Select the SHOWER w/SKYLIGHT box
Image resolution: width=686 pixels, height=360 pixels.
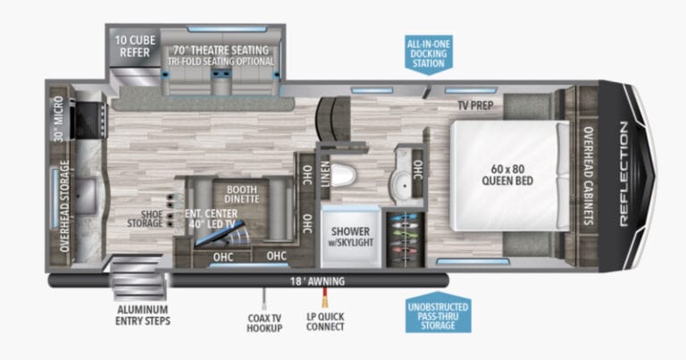tap(352, 230)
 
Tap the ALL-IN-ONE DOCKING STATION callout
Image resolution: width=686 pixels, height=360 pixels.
tap(428, 54)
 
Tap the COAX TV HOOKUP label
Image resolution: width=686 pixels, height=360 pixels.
tap(265, 322)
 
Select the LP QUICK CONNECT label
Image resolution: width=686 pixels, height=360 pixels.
tap(326, 322)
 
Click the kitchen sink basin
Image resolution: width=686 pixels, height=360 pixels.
tap(88, 191)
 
